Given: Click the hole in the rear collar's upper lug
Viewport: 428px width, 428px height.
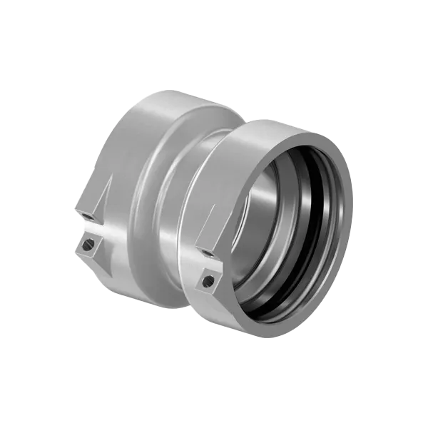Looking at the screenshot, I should coord(86,215).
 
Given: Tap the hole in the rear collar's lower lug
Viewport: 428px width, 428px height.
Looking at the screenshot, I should coord(86,246).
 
